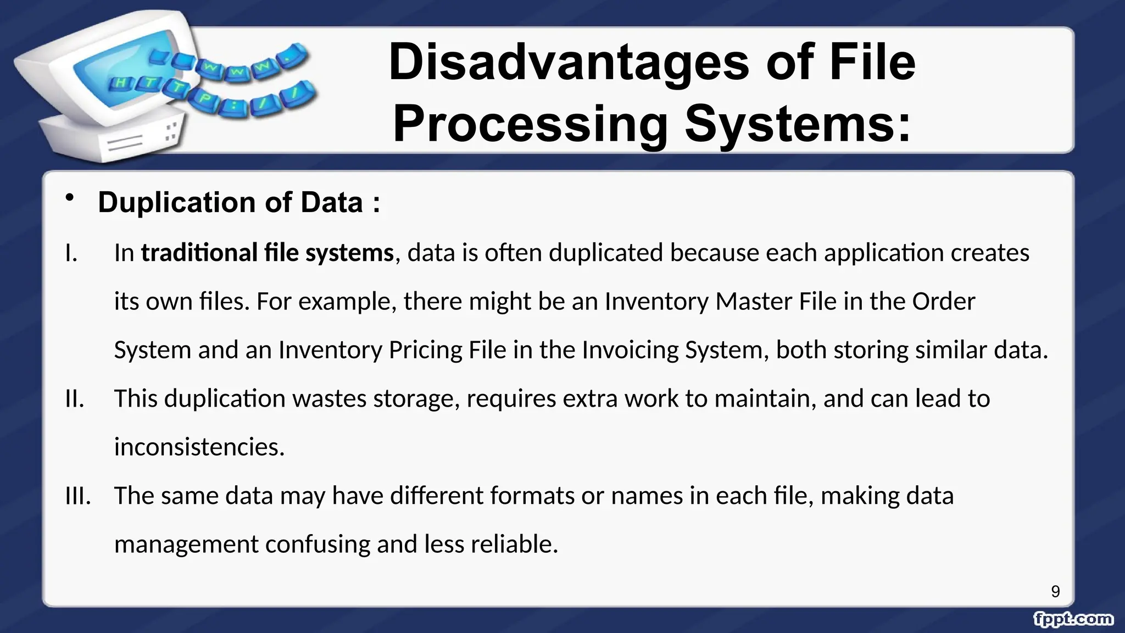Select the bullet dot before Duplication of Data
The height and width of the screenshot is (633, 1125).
point(69,198)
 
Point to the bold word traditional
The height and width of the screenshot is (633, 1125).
point(199,253)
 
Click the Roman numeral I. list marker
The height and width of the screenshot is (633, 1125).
point(71,253)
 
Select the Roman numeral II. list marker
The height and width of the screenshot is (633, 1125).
point(75,399)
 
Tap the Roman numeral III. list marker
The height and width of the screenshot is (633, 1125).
point(78,496)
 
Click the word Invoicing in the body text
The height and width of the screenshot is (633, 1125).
point(630,350)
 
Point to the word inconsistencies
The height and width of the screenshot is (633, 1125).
point(199,447)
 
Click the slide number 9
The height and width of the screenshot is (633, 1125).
point(1055,592)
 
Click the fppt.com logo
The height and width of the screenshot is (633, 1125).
point(1073,619)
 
